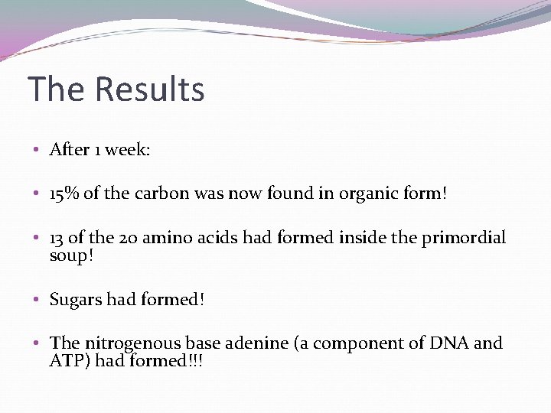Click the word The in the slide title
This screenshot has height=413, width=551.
click(57, 89)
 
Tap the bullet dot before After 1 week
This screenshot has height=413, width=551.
click(37, 150)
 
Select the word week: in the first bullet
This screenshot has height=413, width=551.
click(128, 150)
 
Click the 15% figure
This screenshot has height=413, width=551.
click(64, 193)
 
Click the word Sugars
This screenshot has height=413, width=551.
click(76, 300)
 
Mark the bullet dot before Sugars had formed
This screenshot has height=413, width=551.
click(37, 299)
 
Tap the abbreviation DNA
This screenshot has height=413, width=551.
click(448, 343)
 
